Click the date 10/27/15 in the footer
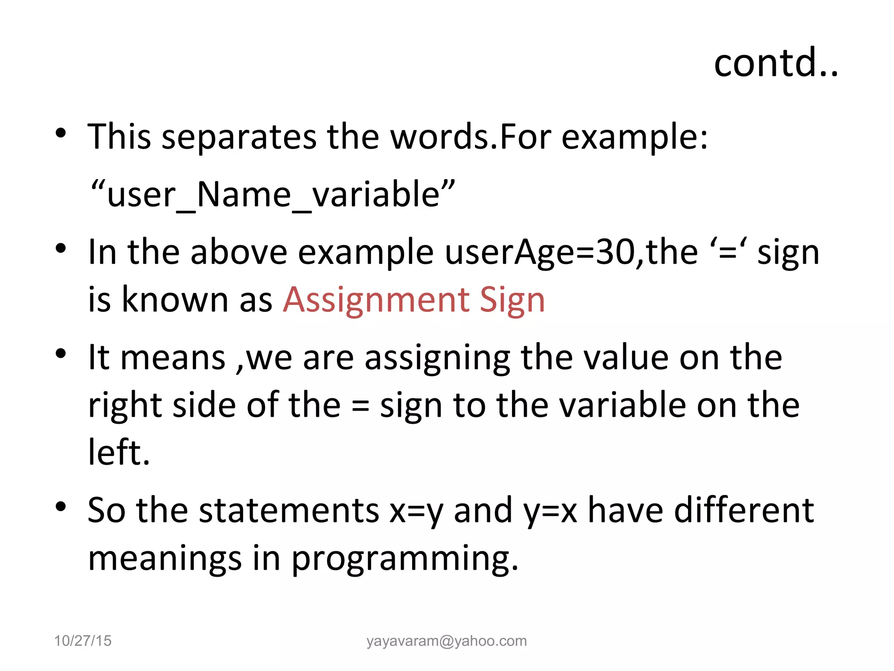coord(83,640)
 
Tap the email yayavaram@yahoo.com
coord(447,640)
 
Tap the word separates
coord(239,137)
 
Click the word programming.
coord(405,559)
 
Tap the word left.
coord(119,452)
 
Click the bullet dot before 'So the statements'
coord(61,507)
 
